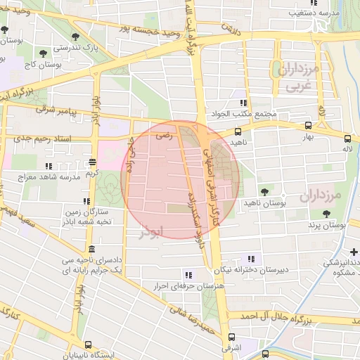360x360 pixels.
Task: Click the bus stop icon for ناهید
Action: click(238, 131)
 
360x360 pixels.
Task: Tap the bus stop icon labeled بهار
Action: click(309, 127)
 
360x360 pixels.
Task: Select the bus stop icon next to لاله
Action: click(348, 138)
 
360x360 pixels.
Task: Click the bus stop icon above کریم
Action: click(92, 161)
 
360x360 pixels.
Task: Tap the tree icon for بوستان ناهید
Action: click(264, 191)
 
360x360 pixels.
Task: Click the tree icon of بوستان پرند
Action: click(326, 214)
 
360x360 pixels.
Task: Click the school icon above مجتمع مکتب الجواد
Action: click(245, 103)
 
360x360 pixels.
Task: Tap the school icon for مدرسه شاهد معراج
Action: click(48, 166)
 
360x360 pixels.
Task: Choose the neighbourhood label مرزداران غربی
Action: click(298, 78)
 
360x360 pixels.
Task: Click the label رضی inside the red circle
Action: click(162, 139)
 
